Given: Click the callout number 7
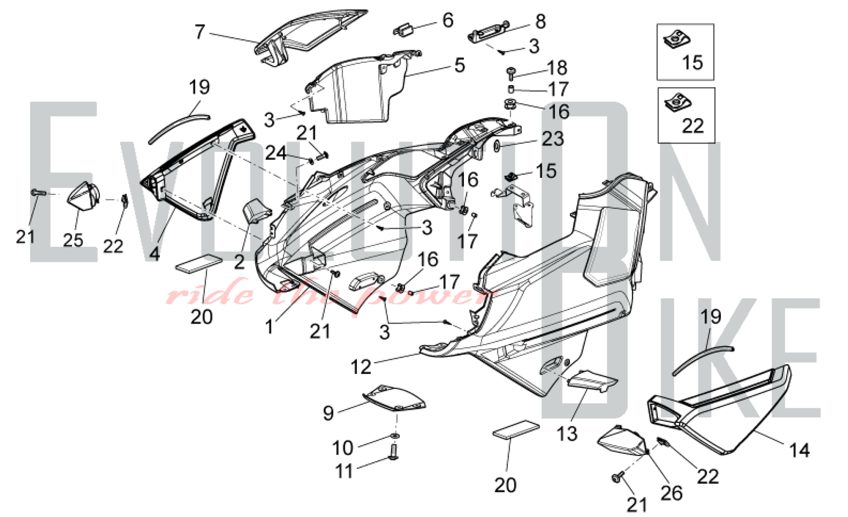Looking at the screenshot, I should (200, 32).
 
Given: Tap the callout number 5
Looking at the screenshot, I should (460, 65).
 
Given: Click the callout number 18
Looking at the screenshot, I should (557, 68).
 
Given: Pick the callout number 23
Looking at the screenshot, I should (553, 139).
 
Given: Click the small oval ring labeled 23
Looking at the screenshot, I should (497, 146).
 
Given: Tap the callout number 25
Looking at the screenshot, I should (73, 240).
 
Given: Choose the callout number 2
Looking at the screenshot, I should (240, 262).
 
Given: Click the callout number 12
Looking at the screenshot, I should (361, 367).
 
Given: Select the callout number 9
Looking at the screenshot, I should (328, 413).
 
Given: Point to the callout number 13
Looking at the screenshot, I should (567, 434).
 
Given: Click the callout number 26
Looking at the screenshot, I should (672, 492).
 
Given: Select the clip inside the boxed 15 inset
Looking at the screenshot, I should (676, 41).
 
